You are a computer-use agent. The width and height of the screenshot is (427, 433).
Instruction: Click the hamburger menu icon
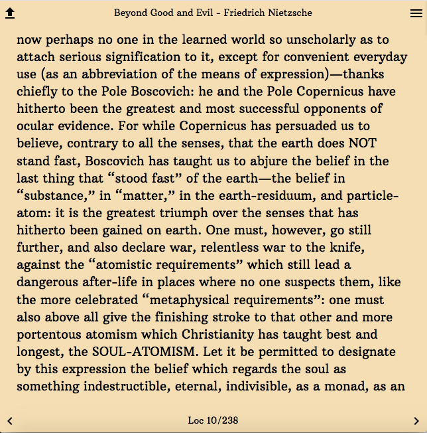[x=416, y=13]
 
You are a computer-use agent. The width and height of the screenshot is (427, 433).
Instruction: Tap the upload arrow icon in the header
[x=10, y=13]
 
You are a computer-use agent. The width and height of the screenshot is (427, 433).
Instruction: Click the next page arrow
[x=416, y=420]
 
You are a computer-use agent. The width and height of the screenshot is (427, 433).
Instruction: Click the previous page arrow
[x=10, y=420]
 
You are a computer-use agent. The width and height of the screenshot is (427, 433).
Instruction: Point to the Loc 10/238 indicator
[x=213, y=420]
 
